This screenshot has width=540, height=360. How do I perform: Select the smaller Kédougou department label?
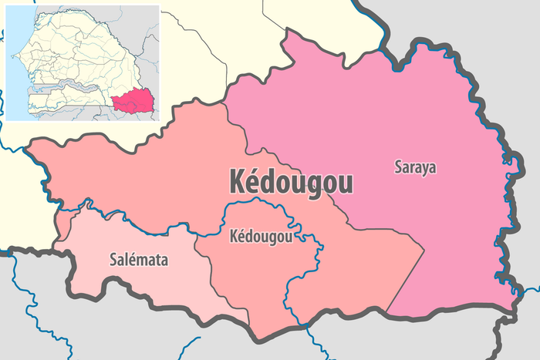pos(261,237)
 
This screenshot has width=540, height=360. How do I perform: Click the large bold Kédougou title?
pos(292,182)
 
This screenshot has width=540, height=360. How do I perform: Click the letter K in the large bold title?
pos(238,182)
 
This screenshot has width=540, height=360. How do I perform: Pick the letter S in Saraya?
pos(398,167)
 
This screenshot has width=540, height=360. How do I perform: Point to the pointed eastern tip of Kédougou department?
pos(424,250)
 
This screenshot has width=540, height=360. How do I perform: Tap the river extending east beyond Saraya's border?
pos(531,290)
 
